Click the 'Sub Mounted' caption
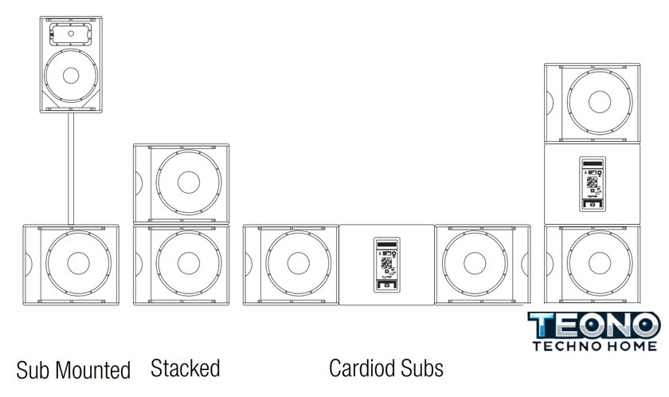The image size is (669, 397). pyautogui.click(x=73, y=370)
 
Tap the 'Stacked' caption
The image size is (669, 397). pyautogui.click(x=185, y=368)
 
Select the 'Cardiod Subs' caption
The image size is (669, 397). pyautogui.click(x=386, y=368)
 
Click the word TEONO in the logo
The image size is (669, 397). pyautogui.click(x=594, y=325)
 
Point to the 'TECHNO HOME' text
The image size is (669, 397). pyautogui.click(x=594, y=345)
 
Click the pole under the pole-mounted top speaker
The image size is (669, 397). pyautogui.click(x=70, y=168)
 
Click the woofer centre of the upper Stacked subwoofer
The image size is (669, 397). pyautogui.click(x=190, y=183)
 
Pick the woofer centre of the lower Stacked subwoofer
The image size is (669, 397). pyautogui.click(x=190, y=263)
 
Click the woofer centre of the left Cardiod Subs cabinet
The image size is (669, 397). pyautogui.click(x=298, y=263)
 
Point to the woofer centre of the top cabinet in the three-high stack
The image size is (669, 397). pyautogui.click(x=599, y=101)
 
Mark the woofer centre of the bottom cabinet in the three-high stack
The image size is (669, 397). pyautogui.click(x=599, y=263)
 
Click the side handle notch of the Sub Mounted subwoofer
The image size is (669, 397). pyautogui.click(x=29, y=263)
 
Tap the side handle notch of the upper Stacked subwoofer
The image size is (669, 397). pyautogui.click(x=137, y=183)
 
